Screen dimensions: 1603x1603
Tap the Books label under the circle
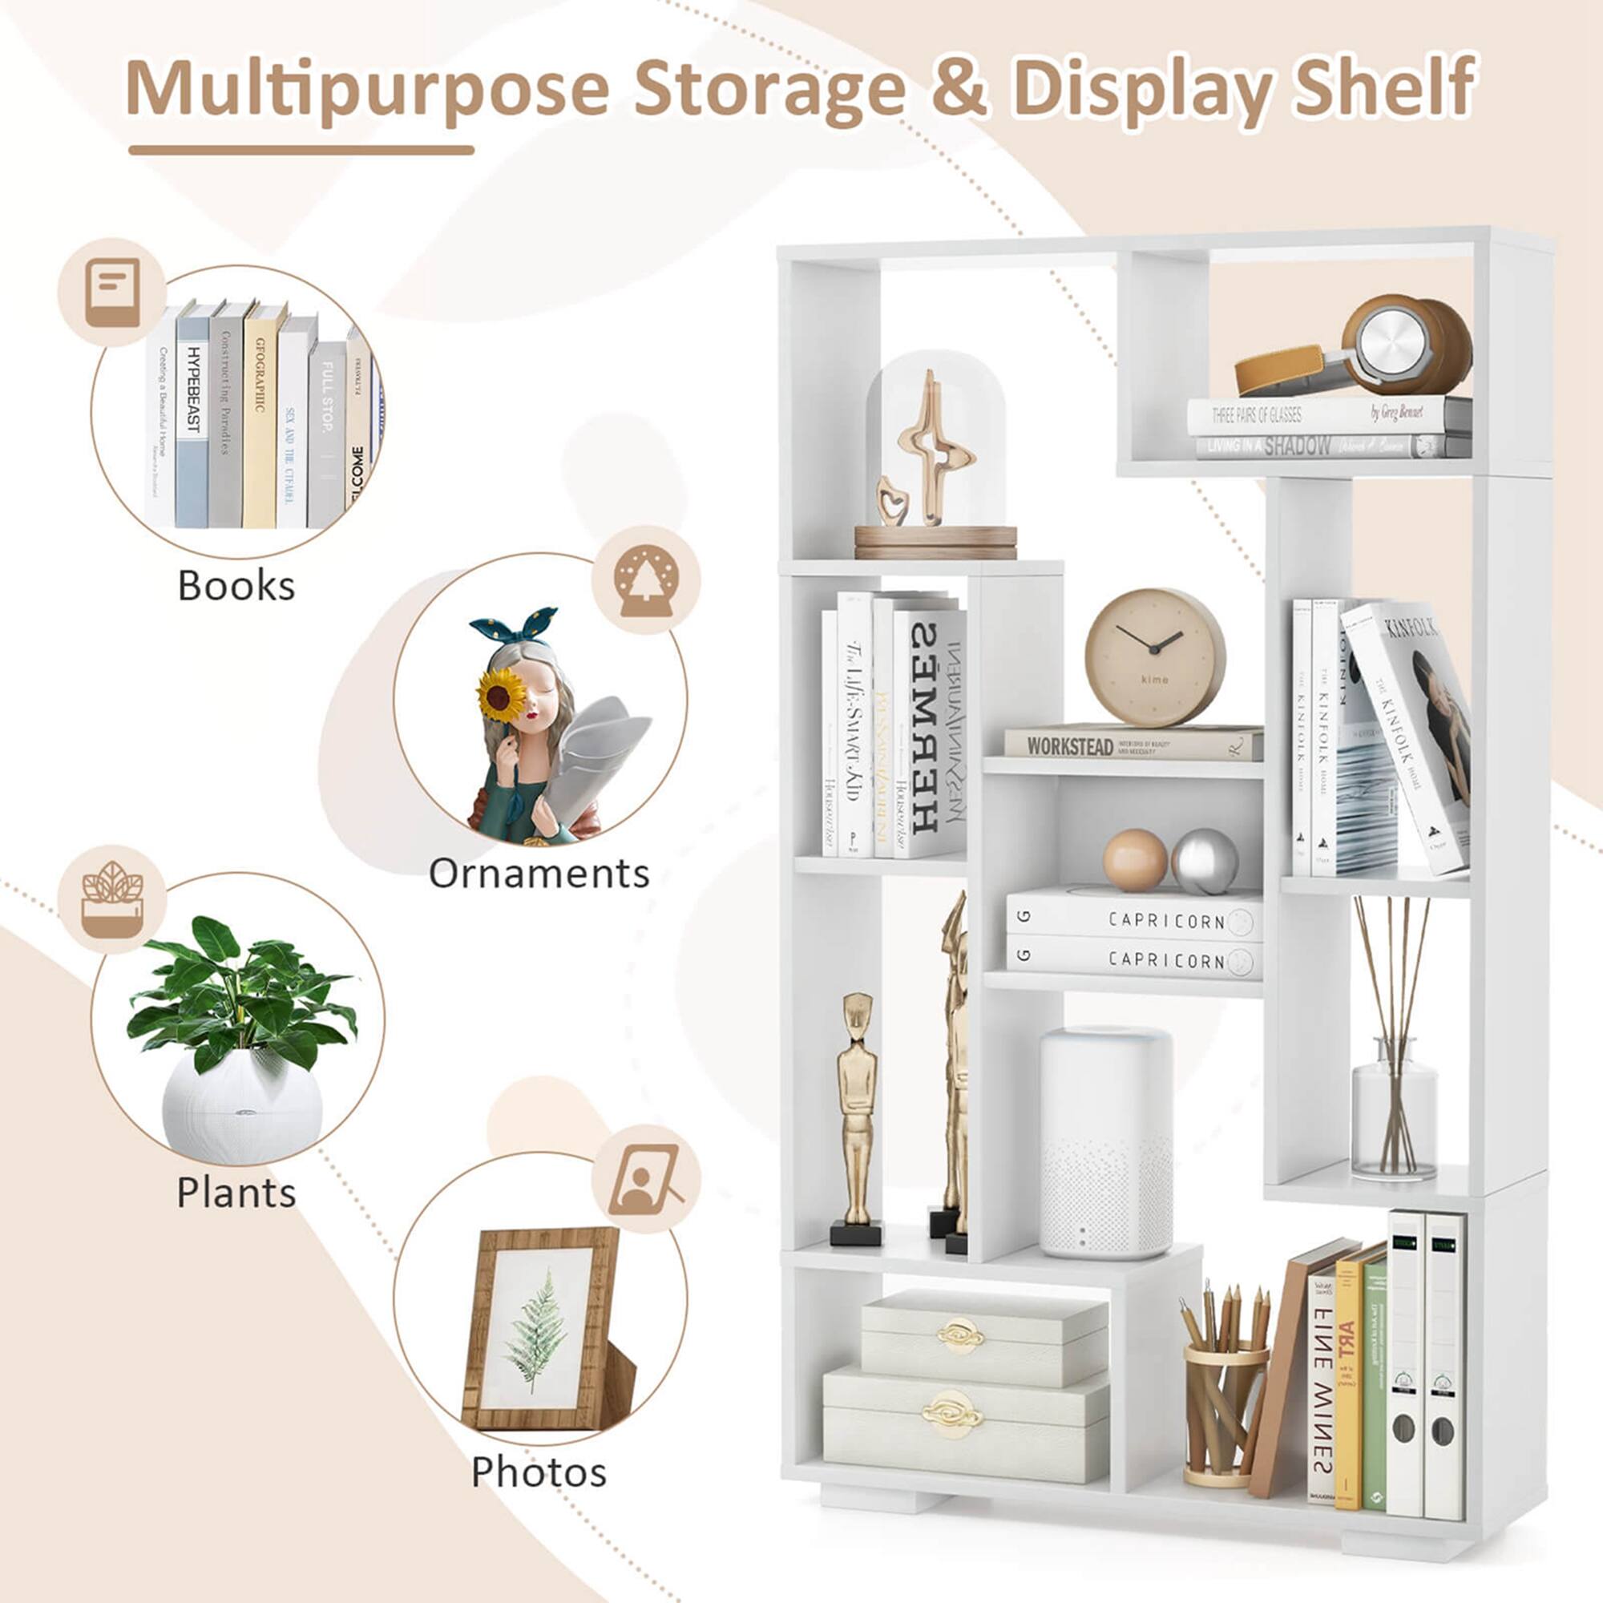[x=236, y=586]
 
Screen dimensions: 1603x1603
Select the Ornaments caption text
[x=539, y=874]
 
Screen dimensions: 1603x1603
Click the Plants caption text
[x=236, y=1193]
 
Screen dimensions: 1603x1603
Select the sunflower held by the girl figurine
[x=501, y=695]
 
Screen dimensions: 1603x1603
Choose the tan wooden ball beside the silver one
[x=1135, y=860]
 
